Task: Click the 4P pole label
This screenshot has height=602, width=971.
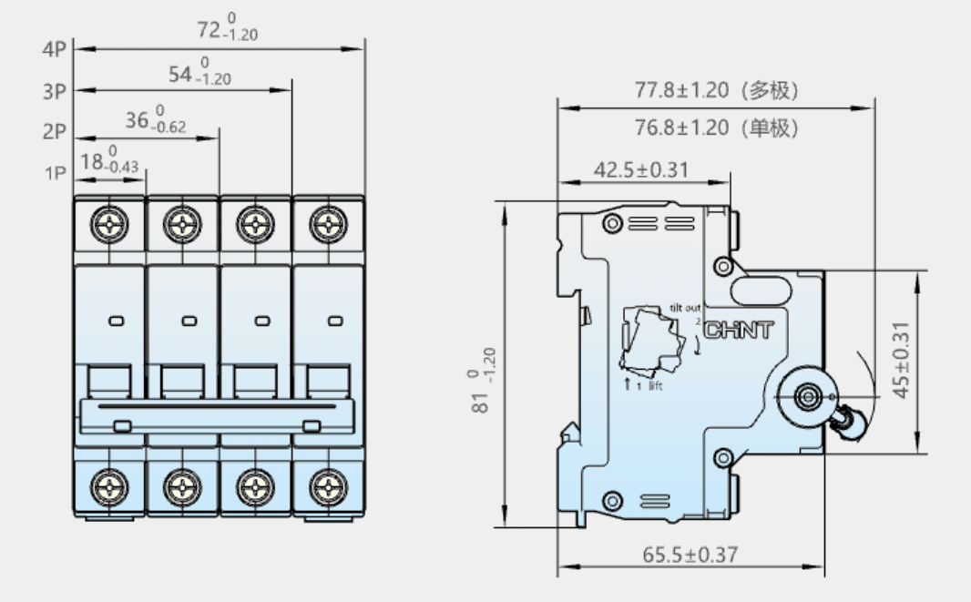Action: click(54, 49)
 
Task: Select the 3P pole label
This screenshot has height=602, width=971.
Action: click(54, 92)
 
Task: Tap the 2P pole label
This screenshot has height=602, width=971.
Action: click(54, 132)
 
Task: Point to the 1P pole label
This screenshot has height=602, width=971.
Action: click(56, 173)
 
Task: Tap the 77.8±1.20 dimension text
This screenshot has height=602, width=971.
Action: click(681, 90)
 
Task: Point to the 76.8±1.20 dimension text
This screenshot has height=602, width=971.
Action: click(681, 128)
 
